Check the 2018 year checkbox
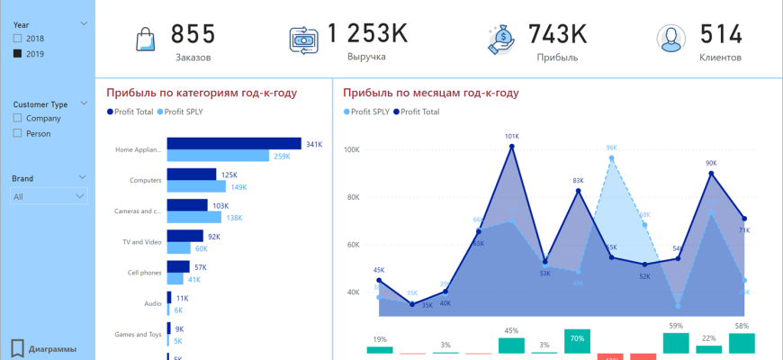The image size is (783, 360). point(18,39)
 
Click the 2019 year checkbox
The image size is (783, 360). point(18,54)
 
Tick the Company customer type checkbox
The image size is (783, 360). point(18,118)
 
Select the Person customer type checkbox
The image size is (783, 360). point(18,133)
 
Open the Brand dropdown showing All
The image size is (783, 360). point(49,196)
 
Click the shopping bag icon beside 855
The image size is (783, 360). point(146,40)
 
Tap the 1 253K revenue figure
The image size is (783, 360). point(366,34)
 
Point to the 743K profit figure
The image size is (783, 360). point(557,34)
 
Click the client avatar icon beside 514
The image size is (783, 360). point(669,39)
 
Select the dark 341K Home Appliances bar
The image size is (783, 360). point(234,143)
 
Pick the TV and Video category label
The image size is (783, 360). point(142,242)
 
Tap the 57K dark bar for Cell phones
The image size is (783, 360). point(178,266)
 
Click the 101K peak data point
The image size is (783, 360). point(512,146)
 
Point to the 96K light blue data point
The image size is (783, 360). point(611,158)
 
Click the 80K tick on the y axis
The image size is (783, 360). point(353,197)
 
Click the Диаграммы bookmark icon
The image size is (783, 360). point(17,348)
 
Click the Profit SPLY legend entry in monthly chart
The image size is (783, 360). point(366,112)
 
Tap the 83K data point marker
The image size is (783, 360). point(578,191)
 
